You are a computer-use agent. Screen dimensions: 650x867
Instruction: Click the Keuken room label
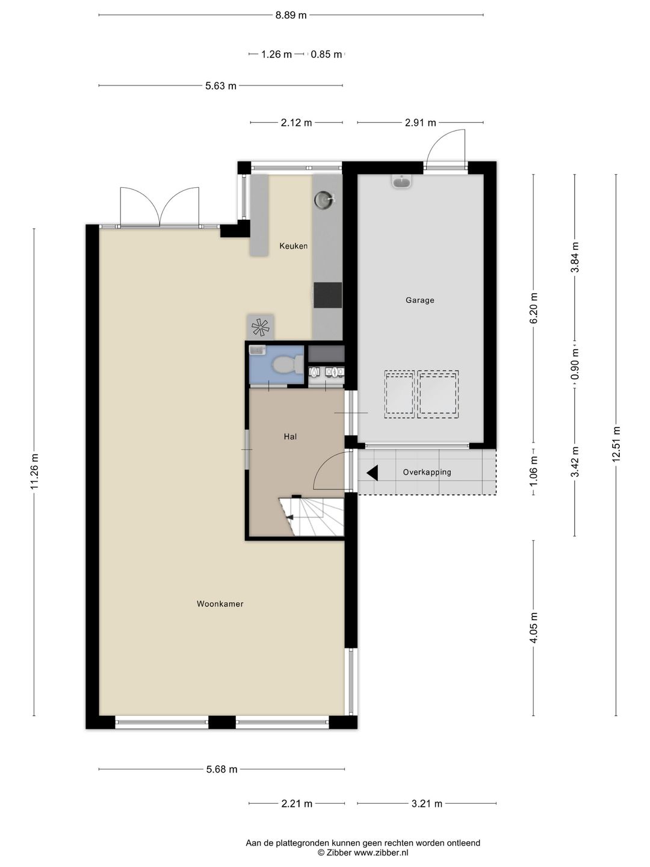click(x=293, y=246)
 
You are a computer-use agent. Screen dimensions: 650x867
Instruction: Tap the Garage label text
click(x=420, y=300)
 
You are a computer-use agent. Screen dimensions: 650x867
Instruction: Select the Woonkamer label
click(x=220, y=604)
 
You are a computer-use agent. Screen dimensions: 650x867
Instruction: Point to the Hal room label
click(x=290, y=437)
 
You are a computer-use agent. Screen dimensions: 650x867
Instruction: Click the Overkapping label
click(x=427, y=472)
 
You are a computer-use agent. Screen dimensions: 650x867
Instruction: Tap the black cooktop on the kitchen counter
click(x=328, y=295)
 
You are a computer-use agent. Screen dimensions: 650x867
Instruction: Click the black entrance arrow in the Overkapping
click(x=373, y=473)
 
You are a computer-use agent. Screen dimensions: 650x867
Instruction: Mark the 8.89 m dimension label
click(x=291, y=16)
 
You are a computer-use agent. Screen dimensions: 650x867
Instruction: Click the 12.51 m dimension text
click(x=616, y=444)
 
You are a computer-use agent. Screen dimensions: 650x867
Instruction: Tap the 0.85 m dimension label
click(x=326, y=55)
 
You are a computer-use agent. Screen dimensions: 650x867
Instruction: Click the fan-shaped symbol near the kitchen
click(x=260, y=327)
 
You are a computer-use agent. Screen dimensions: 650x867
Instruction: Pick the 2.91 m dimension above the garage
click(x=420, y=123)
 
